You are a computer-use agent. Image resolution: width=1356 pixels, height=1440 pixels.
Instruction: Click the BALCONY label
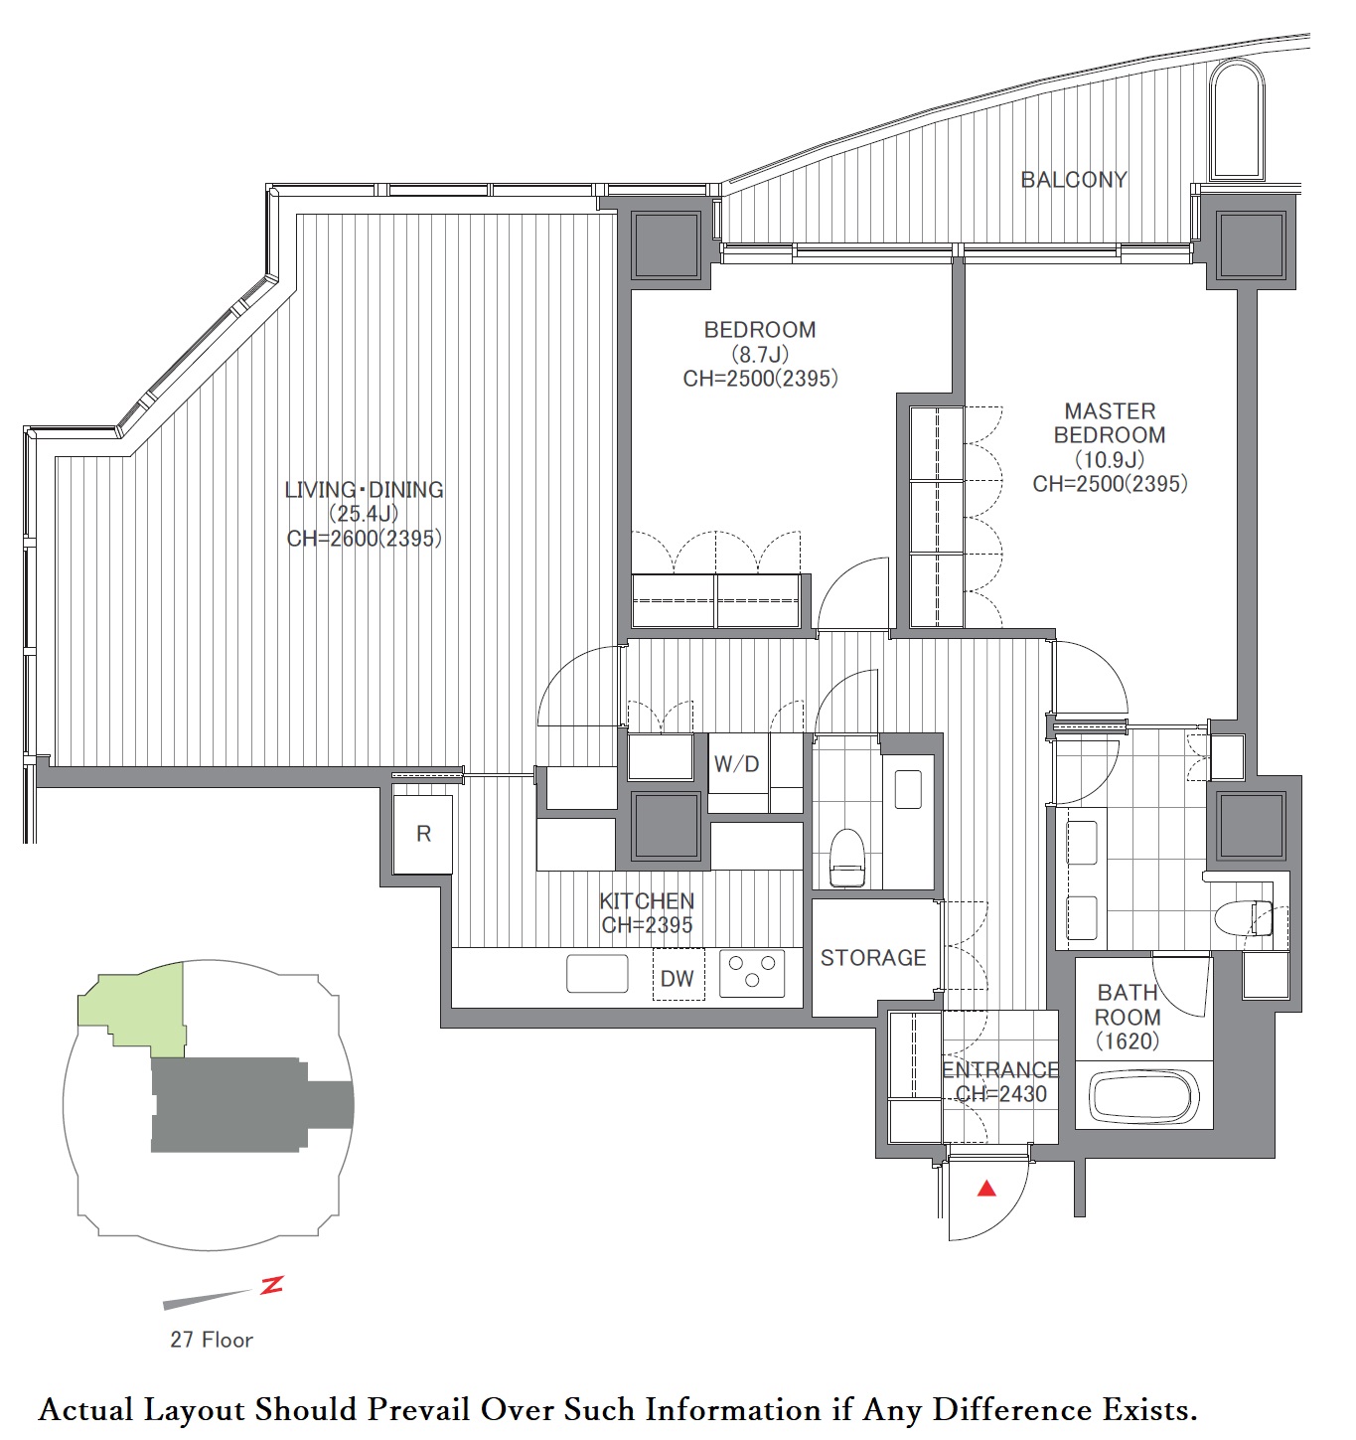1073,180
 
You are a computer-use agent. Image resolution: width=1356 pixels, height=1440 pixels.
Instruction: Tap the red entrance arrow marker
986,1189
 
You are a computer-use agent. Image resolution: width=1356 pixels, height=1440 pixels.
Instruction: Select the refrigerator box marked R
423,835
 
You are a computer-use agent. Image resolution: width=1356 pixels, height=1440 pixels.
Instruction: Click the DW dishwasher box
678,975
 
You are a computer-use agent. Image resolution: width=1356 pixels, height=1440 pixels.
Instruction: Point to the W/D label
736,763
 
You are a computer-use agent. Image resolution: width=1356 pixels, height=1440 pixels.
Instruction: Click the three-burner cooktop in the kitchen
752,973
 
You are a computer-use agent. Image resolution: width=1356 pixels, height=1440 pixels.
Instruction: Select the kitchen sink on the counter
597,973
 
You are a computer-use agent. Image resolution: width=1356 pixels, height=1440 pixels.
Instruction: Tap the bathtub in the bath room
1142,1098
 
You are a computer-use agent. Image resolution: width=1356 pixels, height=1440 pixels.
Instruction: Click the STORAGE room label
873,958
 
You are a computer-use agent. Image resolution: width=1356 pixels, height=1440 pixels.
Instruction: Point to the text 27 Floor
211,1340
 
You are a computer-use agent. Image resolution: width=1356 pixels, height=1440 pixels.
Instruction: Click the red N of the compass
272,1286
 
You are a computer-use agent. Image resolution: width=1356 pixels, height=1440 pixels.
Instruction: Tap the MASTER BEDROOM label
1110,422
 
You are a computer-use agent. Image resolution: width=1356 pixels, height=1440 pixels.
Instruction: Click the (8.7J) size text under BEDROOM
759,355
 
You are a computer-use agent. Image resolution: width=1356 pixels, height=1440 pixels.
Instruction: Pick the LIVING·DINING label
364,489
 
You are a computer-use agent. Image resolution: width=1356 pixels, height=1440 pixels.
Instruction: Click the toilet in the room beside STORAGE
846,857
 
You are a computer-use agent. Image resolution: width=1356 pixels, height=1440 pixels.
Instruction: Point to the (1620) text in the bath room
1128,1041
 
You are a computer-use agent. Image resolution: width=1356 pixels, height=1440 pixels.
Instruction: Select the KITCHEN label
647,901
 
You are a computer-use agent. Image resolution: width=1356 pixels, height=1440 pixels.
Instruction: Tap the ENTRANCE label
1000,1069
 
